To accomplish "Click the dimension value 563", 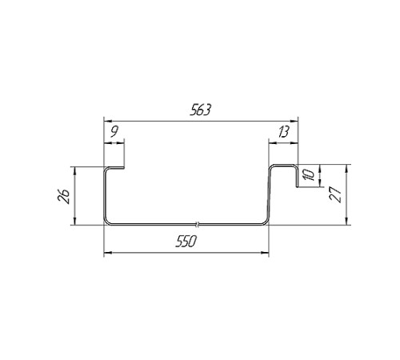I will (200, 111).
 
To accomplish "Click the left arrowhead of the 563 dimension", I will (108, 122).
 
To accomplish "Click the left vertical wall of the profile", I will (104, 196).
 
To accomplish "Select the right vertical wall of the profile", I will (270, 196).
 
